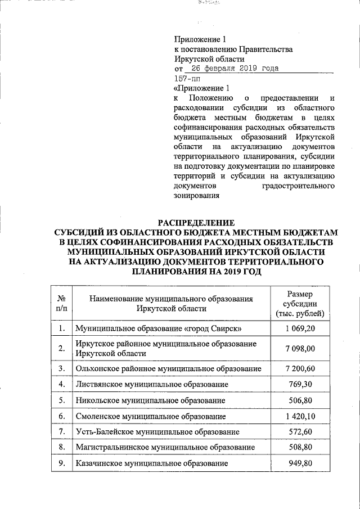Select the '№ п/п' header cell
click(x=61, y=304)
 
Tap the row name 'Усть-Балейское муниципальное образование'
click(x=157, y=432)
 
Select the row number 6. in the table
click(x=61, y=416)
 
